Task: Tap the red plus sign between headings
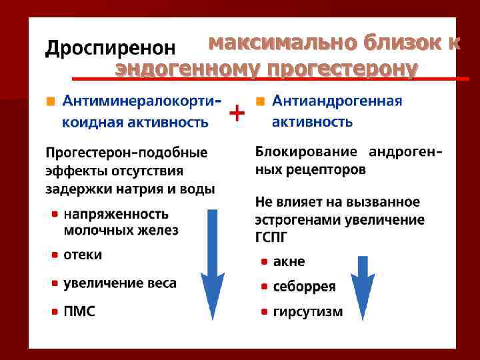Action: (236, 113)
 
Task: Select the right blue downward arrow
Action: (363, 287)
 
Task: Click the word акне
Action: (289, 261)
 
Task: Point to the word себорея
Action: (304, 287)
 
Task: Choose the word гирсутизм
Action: (308, 311)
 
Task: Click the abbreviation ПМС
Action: (79, 311)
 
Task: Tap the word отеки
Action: (83, 255)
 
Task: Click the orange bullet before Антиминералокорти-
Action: (50, 101)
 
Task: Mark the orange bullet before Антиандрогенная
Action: (260, 101)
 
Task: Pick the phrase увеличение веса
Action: (120, 283)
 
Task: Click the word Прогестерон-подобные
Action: (126, 152)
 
